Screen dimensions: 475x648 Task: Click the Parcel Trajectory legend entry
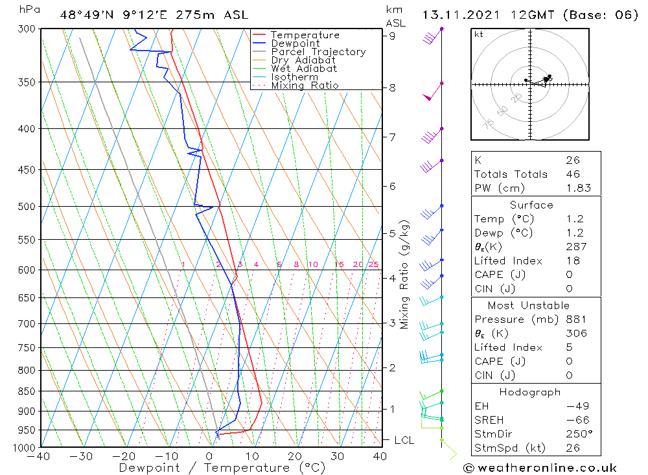coord(318,52)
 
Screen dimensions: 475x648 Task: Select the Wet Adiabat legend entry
coord(304,69)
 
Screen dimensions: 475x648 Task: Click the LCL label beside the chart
coord(404,441)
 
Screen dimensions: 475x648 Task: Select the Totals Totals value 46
coord(573,174)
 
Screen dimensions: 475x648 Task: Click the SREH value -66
coord(576,420)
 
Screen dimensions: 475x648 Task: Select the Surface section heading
coord(531,205)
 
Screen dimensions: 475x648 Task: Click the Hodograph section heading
coord(530,393)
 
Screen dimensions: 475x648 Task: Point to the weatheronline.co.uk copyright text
coord(540,468)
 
